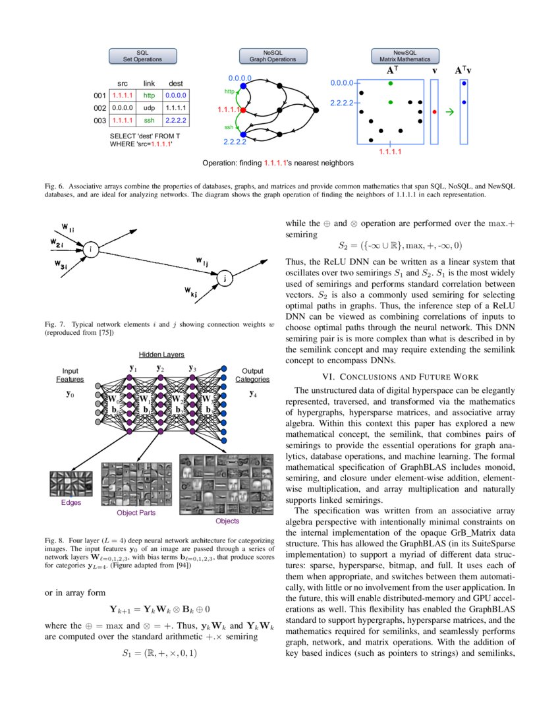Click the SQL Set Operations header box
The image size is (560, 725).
[143, 55]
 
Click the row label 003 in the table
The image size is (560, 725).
[99, 121]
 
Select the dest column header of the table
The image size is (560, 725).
[176, 83]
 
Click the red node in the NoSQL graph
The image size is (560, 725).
[243, 110]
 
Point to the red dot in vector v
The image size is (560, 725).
[434, 112]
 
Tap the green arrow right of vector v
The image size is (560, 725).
[450, 112]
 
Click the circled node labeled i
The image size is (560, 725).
[90, 248]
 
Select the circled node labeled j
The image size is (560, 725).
[225, 279]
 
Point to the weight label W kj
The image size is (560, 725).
[192, 291]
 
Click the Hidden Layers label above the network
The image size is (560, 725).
[161, 355]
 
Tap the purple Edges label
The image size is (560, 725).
[70, 502]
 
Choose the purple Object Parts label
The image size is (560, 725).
[136, 512]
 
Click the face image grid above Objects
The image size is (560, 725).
[226, 484]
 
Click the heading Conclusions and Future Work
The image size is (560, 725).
[400, 376]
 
